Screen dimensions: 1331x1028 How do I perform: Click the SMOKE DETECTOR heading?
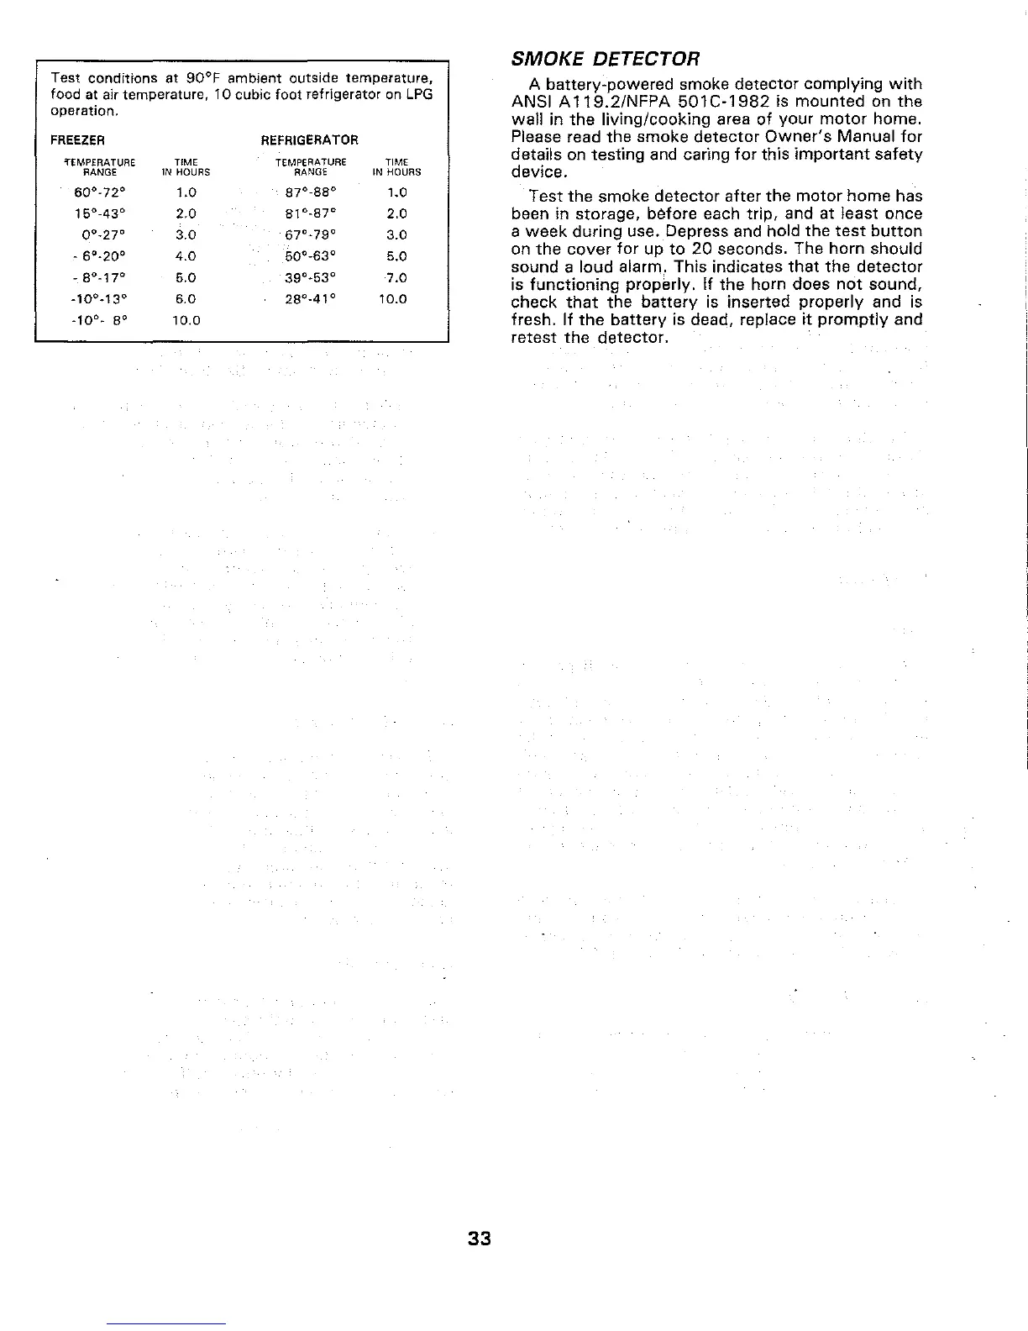tap(605, 60)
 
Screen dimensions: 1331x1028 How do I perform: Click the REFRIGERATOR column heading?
tap(310, 139)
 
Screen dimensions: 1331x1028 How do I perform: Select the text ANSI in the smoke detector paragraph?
tap(529, 102)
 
